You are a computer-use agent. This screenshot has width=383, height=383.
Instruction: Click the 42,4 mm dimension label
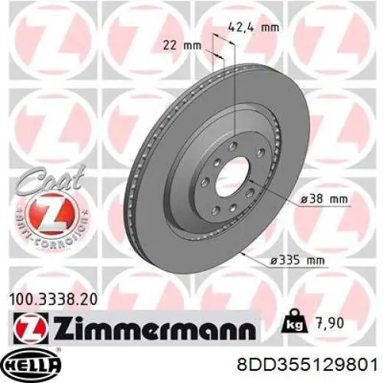[x=253, y=28]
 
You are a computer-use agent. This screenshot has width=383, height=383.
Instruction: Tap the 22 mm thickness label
[x=182, y=46]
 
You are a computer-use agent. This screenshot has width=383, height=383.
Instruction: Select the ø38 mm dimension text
[x=324, y=199]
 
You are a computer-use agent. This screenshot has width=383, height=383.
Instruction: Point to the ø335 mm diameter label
[x=297, y=260]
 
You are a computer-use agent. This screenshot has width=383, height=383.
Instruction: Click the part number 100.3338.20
[x=53, y=300]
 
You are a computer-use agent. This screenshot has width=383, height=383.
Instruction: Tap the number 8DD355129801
[x=307, y=365]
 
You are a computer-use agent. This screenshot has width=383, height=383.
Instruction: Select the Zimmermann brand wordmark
[x=155, y=328]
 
